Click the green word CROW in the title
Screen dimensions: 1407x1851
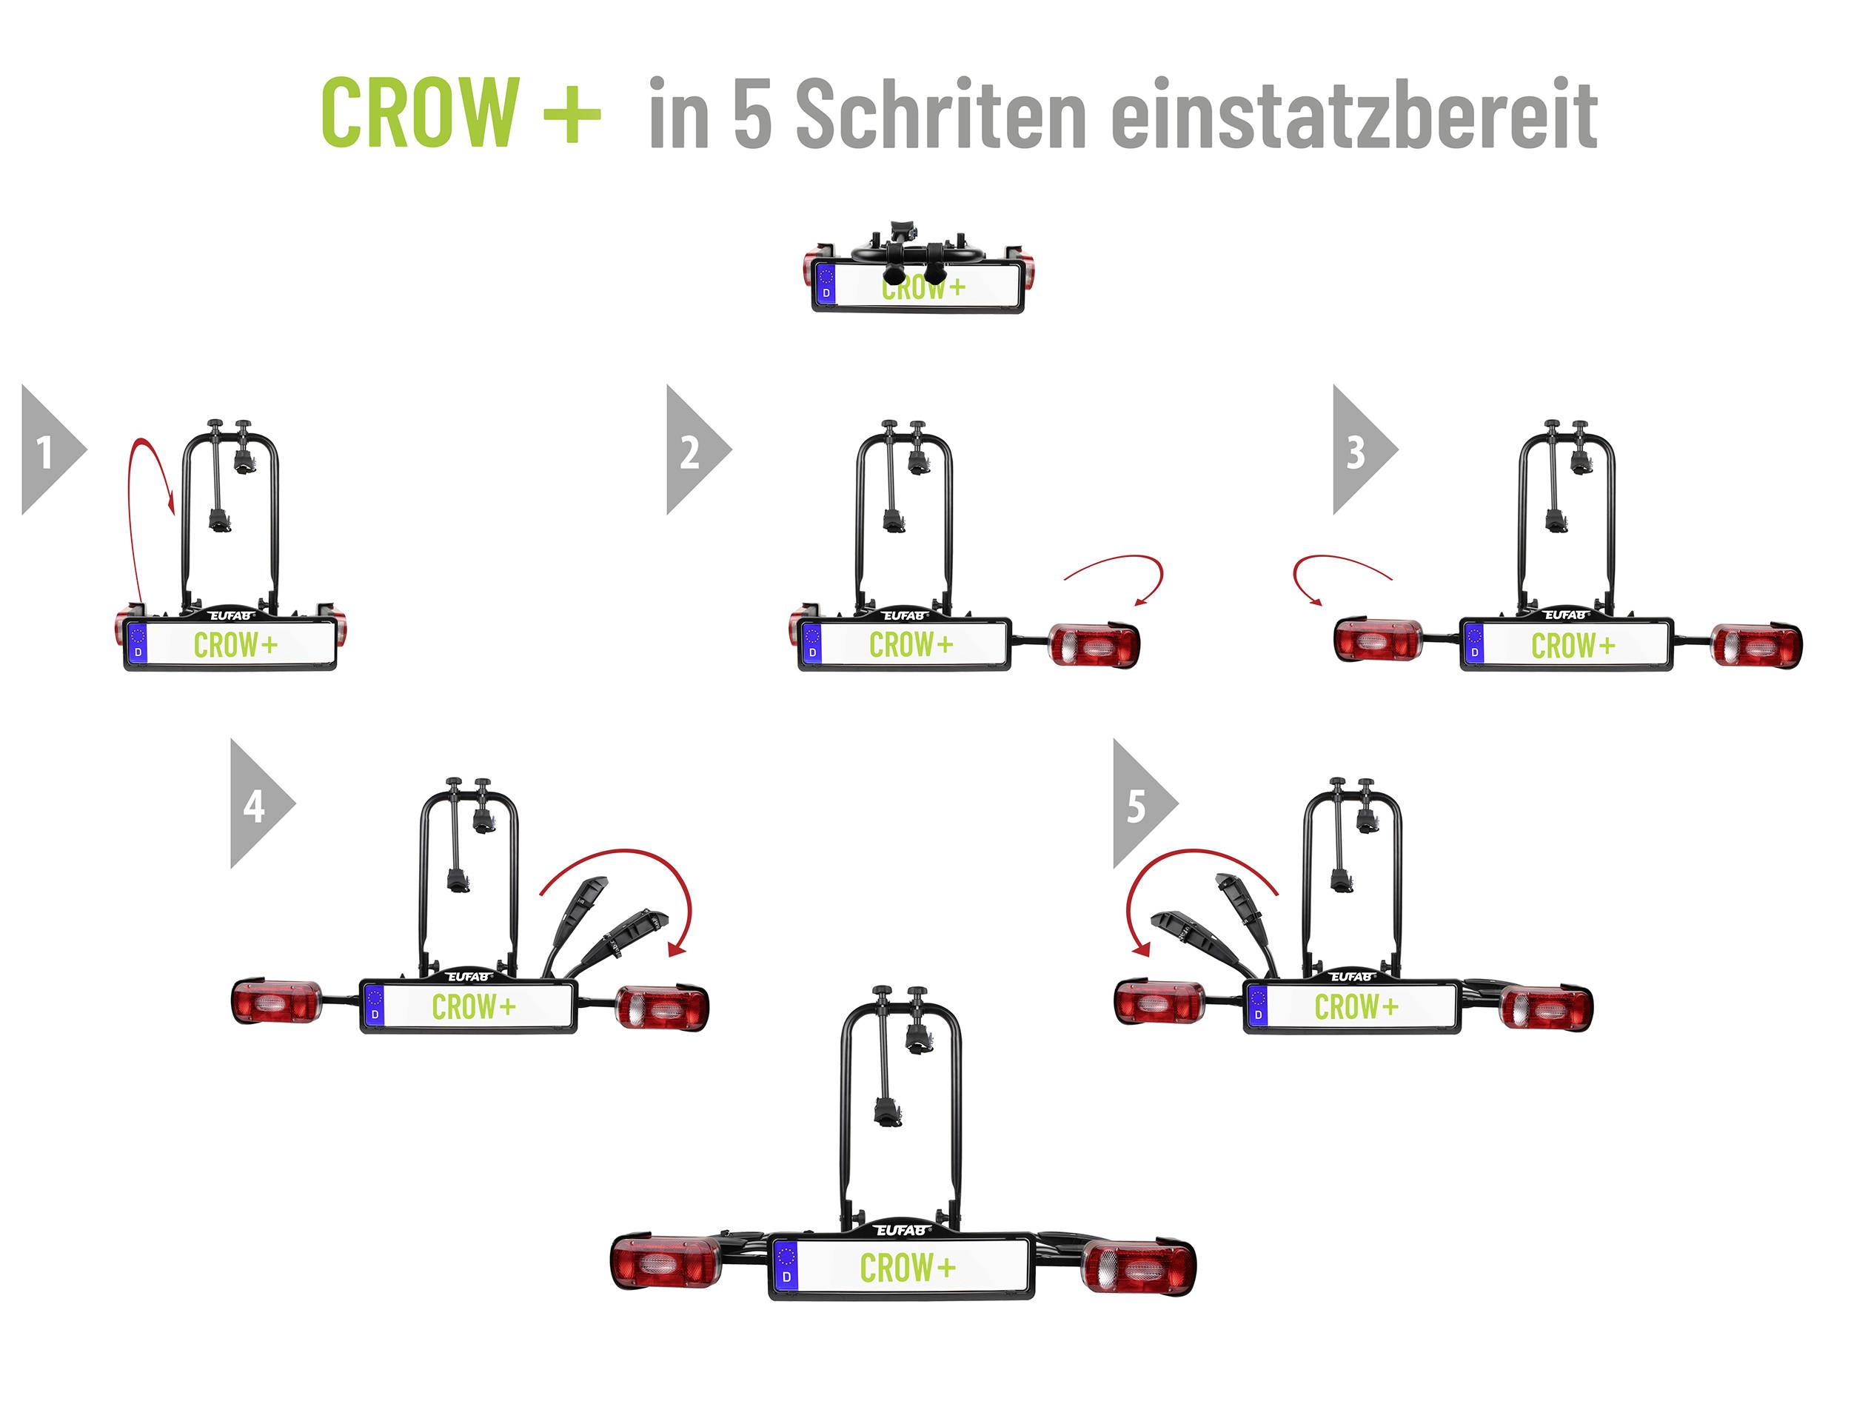[421, 113]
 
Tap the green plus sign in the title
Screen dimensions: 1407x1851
[572, 114]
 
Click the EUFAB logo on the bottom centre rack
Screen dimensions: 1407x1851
[903, 1230]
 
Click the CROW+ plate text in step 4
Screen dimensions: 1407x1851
[473, 1006]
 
